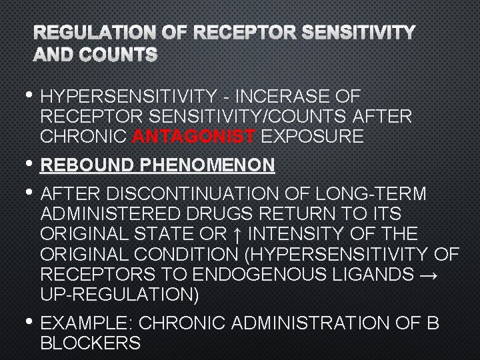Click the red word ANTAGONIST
click(193, 137)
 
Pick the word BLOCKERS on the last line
click(90, 343)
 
